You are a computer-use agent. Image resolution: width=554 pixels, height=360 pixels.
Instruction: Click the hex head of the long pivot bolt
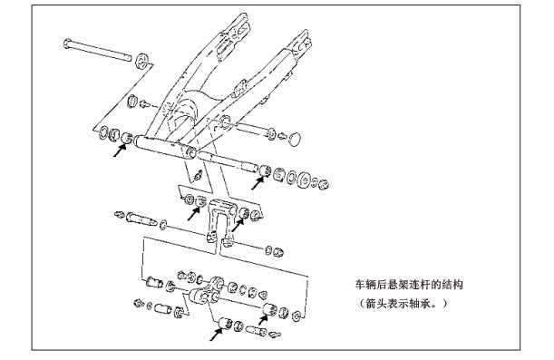(67, 44)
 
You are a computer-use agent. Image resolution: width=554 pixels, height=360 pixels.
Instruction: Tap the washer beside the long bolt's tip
(141, 61)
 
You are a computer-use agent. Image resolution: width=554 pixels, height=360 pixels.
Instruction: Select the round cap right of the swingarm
(295, 138)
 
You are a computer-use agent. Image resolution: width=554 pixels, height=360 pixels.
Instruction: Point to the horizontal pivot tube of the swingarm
(164, 147)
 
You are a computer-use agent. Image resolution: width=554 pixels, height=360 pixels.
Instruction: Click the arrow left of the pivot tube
(120, 151)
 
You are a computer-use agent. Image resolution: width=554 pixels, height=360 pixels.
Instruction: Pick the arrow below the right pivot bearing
(258, 183)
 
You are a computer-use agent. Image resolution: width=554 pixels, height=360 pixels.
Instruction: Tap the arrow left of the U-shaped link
(194, 214)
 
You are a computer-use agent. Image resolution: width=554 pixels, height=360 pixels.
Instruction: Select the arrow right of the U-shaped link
(238, 225)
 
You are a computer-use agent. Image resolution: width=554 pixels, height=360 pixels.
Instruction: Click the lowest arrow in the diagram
(217, 335)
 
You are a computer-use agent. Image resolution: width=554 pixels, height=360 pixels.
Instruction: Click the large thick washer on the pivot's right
(304, 180)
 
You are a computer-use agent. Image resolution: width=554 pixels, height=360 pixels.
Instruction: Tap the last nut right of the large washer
(323, 184)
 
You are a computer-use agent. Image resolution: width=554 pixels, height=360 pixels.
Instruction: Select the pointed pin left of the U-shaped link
(141, 219)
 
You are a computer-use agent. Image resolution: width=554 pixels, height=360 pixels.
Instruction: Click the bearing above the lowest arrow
(225, 324)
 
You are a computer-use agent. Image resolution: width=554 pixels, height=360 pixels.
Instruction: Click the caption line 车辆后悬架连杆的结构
(409, 285)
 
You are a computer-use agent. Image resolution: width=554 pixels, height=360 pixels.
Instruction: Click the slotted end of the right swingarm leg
(301, 41)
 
